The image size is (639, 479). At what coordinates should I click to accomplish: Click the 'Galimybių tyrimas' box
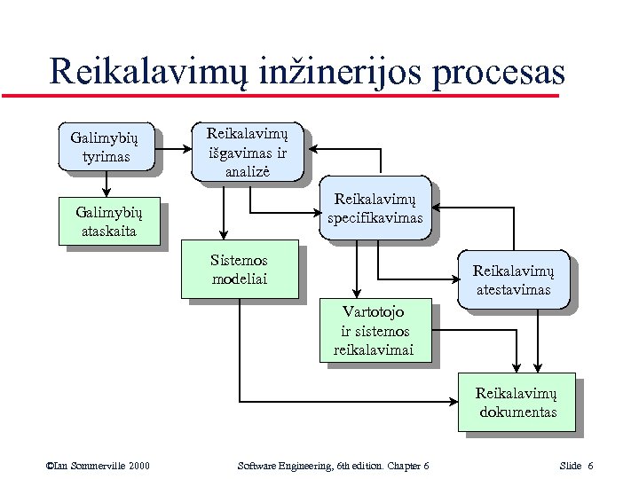pyautogui.click(x=105, y=145)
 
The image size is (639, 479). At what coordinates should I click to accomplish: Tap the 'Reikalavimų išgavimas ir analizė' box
pyautogui.click(x=248, y=152)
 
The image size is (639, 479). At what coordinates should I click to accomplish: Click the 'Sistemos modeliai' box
pyautogui.click(x=240, y=270)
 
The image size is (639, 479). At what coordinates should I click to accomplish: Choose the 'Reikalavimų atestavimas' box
pyautogui.click(x=512, y=281)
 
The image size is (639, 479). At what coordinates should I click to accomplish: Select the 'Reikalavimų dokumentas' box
pyautogui.click(x=517, y=403)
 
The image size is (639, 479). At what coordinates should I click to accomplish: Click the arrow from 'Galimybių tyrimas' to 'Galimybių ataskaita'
pyautogui.click(x=106, y=183)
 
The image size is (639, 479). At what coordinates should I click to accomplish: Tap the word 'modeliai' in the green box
pyautogui.click(x=240, y=279)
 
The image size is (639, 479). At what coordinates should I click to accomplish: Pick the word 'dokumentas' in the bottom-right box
pyautogui.click(x=517, y=412)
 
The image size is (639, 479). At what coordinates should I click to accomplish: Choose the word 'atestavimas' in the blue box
pyautogui.click(x=512, y=290)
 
